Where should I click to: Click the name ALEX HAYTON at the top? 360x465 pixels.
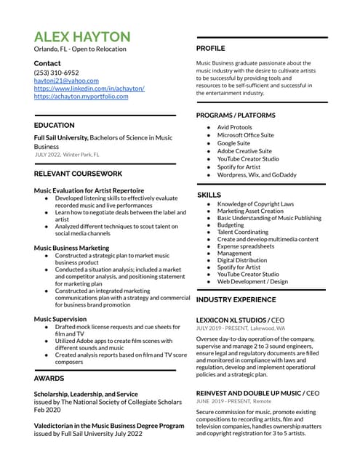(82, 36)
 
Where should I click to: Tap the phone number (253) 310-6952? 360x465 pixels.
(56, 73)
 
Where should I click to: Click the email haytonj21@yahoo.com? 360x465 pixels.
(65, 81)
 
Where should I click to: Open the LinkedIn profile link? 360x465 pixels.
(89, 89)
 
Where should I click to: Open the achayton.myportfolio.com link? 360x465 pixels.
(81, 96)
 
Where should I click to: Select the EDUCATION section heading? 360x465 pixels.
(54, 126)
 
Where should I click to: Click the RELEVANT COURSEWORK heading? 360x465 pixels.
(79, 174)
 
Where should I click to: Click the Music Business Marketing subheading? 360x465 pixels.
(71, 248)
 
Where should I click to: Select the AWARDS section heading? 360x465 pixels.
(49, 379)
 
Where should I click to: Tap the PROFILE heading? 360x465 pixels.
(211, 48)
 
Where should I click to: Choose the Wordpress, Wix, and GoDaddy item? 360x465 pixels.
(257, 175)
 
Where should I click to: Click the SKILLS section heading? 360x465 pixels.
(209, 195)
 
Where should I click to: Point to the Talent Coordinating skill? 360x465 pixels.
(242, 232)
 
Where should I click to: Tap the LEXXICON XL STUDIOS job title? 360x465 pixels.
(231, 320)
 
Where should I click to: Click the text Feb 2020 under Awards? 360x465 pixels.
(47, 410)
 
